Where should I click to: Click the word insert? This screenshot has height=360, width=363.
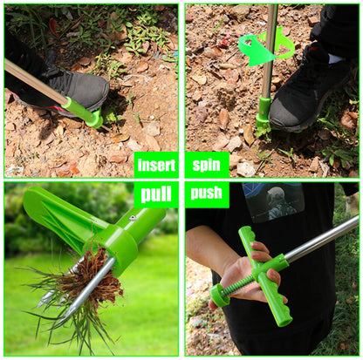(156, 166)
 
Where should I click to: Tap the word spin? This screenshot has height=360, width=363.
(206, 165)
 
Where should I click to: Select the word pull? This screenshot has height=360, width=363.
(156, 194)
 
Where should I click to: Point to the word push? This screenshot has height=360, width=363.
(206, 193)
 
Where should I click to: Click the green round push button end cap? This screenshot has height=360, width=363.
(218, 295)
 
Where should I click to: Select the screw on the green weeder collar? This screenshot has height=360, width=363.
(133, 218)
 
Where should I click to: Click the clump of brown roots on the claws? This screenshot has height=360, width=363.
(96, 276)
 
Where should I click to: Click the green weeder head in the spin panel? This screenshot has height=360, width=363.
(264, 117)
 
